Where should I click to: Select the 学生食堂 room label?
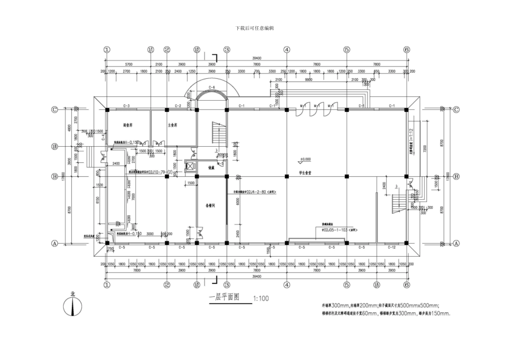[305, 174]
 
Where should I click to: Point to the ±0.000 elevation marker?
[305, 159]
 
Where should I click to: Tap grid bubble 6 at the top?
[407, 49]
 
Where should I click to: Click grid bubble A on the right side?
[456, 243]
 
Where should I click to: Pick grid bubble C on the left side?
[54, 109]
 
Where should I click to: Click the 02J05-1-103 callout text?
[336, 229]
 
